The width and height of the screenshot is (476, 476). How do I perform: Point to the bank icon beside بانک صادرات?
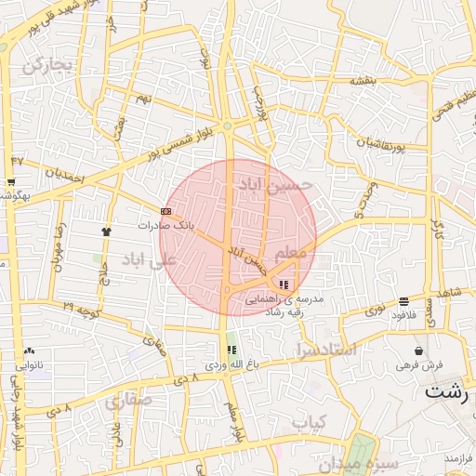165,211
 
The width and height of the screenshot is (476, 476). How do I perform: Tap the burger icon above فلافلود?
403,301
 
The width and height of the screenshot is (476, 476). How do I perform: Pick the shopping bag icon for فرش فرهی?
419,350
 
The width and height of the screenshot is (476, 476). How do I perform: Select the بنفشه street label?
363,82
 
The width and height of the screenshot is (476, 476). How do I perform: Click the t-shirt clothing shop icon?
106,229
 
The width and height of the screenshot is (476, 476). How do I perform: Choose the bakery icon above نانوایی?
30,350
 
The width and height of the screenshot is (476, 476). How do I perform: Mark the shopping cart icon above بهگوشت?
11,182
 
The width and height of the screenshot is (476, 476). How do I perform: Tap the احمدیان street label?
66,172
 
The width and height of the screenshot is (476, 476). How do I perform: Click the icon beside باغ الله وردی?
231,350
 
